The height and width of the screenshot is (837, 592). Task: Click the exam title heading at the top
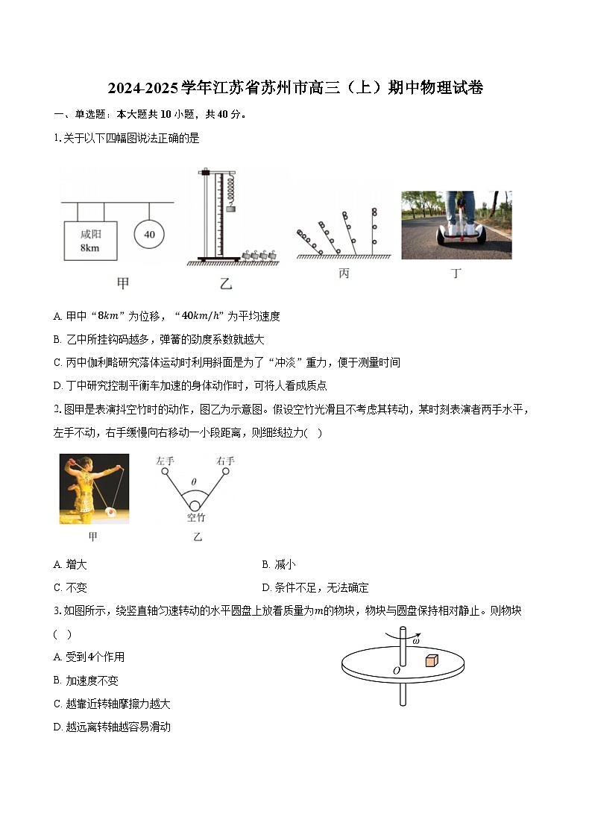(x=295, y=88)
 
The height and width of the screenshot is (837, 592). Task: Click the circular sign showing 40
(x=149, y=234)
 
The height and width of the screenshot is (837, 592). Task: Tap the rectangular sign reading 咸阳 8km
(x=90, y=241)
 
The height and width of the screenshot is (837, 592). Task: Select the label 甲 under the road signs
(x=123, y=282)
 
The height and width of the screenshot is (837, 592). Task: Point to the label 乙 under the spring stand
(x=226, y=283)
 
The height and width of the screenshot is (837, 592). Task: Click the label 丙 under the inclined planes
(x=344, y=274)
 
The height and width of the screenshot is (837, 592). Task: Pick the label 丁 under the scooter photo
(x=456, y=274)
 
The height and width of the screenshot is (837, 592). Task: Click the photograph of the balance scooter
(x=456, y=224)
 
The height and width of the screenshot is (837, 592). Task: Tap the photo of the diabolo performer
(x=94, y=489)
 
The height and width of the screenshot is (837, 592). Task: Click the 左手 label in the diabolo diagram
(x=165, y=461)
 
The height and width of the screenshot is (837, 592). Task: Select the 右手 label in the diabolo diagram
(x=225, y=461)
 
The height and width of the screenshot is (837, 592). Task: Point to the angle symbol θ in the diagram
(x=195, y=482)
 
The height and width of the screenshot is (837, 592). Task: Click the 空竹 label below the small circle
(x=195, y=517)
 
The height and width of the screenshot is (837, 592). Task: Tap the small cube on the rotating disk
(x=432, y=660)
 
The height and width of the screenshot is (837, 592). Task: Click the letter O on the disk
(x=396, y=672)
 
